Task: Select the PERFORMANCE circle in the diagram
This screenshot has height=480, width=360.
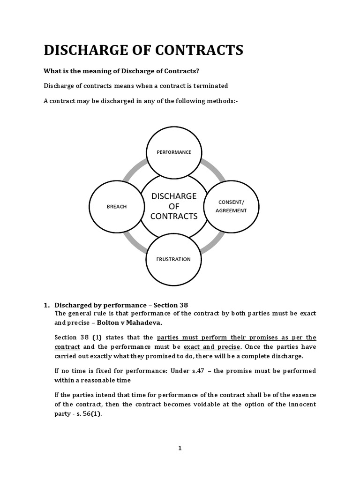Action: (x=174, y=152)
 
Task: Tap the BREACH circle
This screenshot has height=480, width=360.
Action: (x=117, y=206)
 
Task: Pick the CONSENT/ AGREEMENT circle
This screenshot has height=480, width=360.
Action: (x=231, y=206)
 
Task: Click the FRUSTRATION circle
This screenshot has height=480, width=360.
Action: (x=174, y=259)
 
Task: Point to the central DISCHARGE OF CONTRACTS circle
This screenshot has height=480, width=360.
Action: (x=174, y=206)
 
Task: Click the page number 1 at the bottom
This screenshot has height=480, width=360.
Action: (x=180, y=448)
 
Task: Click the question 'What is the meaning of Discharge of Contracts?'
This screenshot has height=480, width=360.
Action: (x=125, y=71)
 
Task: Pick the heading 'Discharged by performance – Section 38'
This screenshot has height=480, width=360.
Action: (x=121, y=305)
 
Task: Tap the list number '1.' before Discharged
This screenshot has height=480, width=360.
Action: (x=47, y=305)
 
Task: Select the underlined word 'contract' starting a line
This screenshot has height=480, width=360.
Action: (x=67, y=347)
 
